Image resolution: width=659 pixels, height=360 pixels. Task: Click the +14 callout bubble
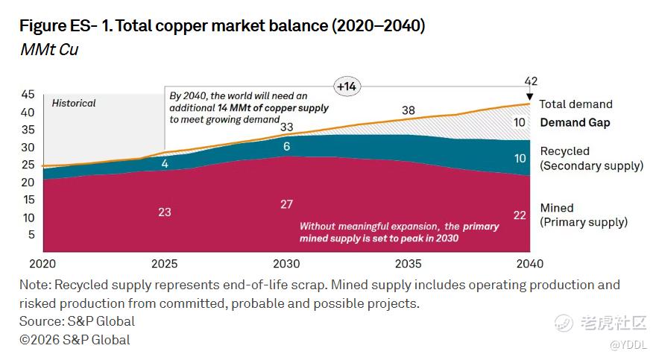coord(347,86)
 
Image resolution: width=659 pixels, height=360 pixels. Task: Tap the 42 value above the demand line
coord(531,81)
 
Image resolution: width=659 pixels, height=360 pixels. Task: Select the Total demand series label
coord(576,104)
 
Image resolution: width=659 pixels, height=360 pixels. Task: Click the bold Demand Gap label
coord(575,122)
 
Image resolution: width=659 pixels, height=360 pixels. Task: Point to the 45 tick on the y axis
coord(28,95)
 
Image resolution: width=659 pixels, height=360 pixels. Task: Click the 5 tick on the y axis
coord(31,235)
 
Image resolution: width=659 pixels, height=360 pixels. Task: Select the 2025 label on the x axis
coord(165,264)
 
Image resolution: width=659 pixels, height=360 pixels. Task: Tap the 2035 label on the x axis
coord(409,264)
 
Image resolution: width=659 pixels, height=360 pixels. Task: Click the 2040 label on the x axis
coord(530,264)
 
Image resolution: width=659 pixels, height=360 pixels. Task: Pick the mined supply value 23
coord(165,212)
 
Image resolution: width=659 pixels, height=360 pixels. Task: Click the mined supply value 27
coord(287,204)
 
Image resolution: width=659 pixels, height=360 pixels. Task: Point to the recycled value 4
coord(165,163)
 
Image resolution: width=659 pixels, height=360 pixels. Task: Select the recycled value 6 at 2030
coord(287,147)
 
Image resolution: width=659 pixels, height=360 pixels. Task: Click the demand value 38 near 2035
coord(409,110)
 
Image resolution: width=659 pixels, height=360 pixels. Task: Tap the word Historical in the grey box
coord(74,103)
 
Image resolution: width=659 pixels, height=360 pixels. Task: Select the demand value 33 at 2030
coord(287,127)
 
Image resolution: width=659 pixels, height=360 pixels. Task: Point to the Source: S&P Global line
coord(78,321)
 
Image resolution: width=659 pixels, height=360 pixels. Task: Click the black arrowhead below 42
coord(530,97)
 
